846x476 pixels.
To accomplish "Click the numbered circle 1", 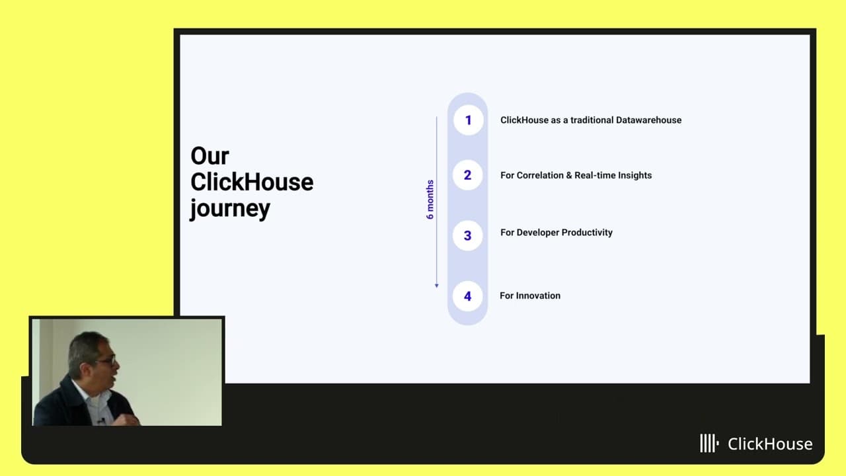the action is (x=469, y=120).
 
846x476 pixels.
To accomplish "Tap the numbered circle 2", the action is (x=467, y=175).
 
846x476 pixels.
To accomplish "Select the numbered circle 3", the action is (x=467, y=235).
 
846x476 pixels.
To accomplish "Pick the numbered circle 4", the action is (x=467, y=296).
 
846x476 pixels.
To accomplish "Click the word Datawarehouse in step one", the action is (x=648, y=120).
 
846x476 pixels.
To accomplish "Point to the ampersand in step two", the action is (x=569, y=175).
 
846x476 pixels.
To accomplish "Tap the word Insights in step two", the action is (x=633, y=175).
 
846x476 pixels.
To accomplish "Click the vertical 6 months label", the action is (x=430, y=200).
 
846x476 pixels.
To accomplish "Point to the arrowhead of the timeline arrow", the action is (x=437, y=286).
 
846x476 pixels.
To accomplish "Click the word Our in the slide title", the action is (x=210, y=155).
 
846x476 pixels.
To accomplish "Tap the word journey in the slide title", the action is (x=230, y=209).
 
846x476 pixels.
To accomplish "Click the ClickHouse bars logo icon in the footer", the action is (x=709, y=443).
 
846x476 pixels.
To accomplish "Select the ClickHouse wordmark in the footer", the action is (x=770, y=444).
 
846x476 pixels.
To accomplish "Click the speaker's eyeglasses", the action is (x=107, y=360).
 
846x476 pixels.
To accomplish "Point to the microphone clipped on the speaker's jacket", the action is (x=101, y=420).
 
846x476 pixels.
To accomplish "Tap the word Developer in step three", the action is (x=537, y=233).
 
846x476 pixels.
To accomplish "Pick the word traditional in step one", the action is (x=592, y=120).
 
